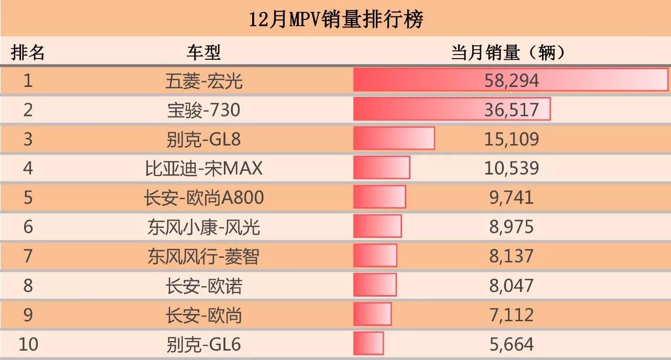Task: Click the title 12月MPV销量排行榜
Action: pos(335,20)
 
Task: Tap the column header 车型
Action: pos(204,52)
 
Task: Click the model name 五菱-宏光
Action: pos(204,81)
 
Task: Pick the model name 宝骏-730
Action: pos(204,110)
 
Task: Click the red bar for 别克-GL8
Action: pos(394,138)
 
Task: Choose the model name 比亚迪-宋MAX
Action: pos(204,168)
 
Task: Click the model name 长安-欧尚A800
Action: pos(204,198)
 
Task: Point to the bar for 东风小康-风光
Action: pos(377,226)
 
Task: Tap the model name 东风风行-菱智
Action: pos(204,256)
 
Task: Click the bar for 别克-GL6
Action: pos(369,344)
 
